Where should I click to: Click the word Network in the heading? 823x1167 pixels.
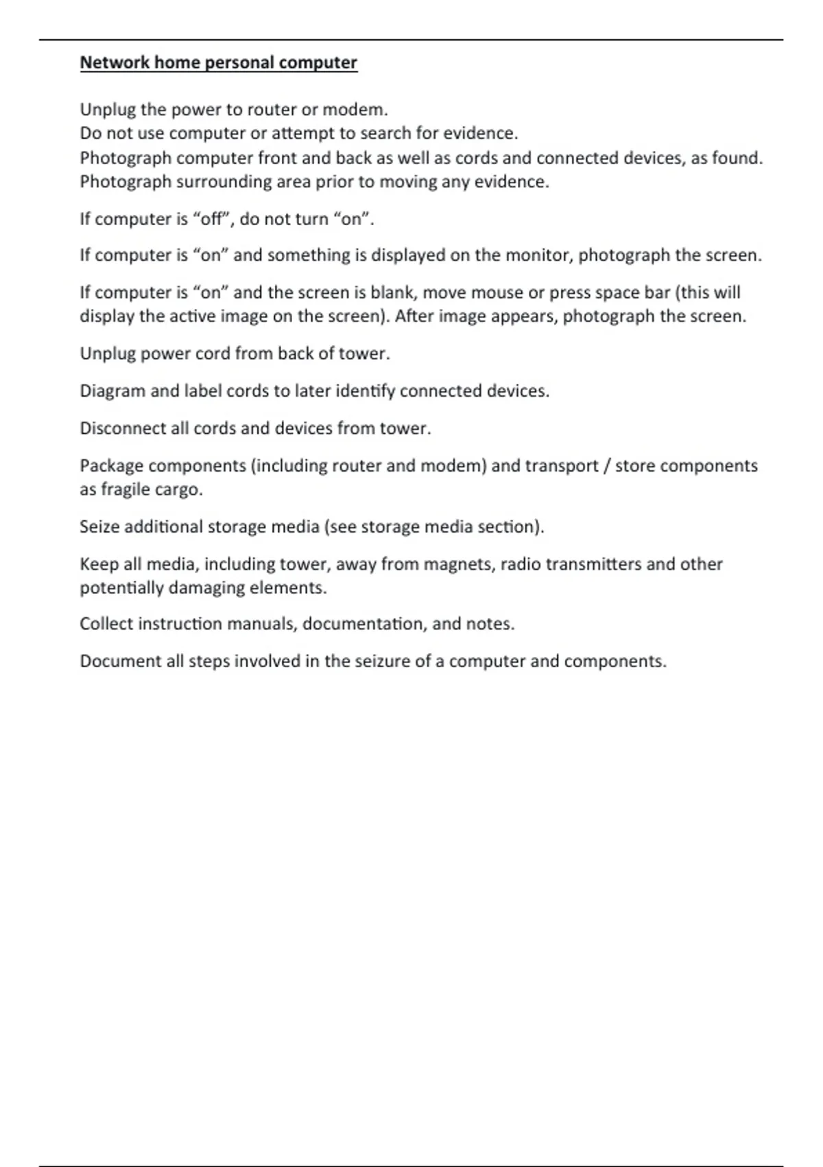click(115, 62)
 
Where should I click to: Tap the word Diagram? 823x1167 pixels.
click(112, 391)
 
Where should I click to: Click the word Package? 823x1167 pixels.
click(112, 466)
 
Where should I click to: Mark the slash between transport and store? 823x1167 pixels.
click(606, 466)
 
